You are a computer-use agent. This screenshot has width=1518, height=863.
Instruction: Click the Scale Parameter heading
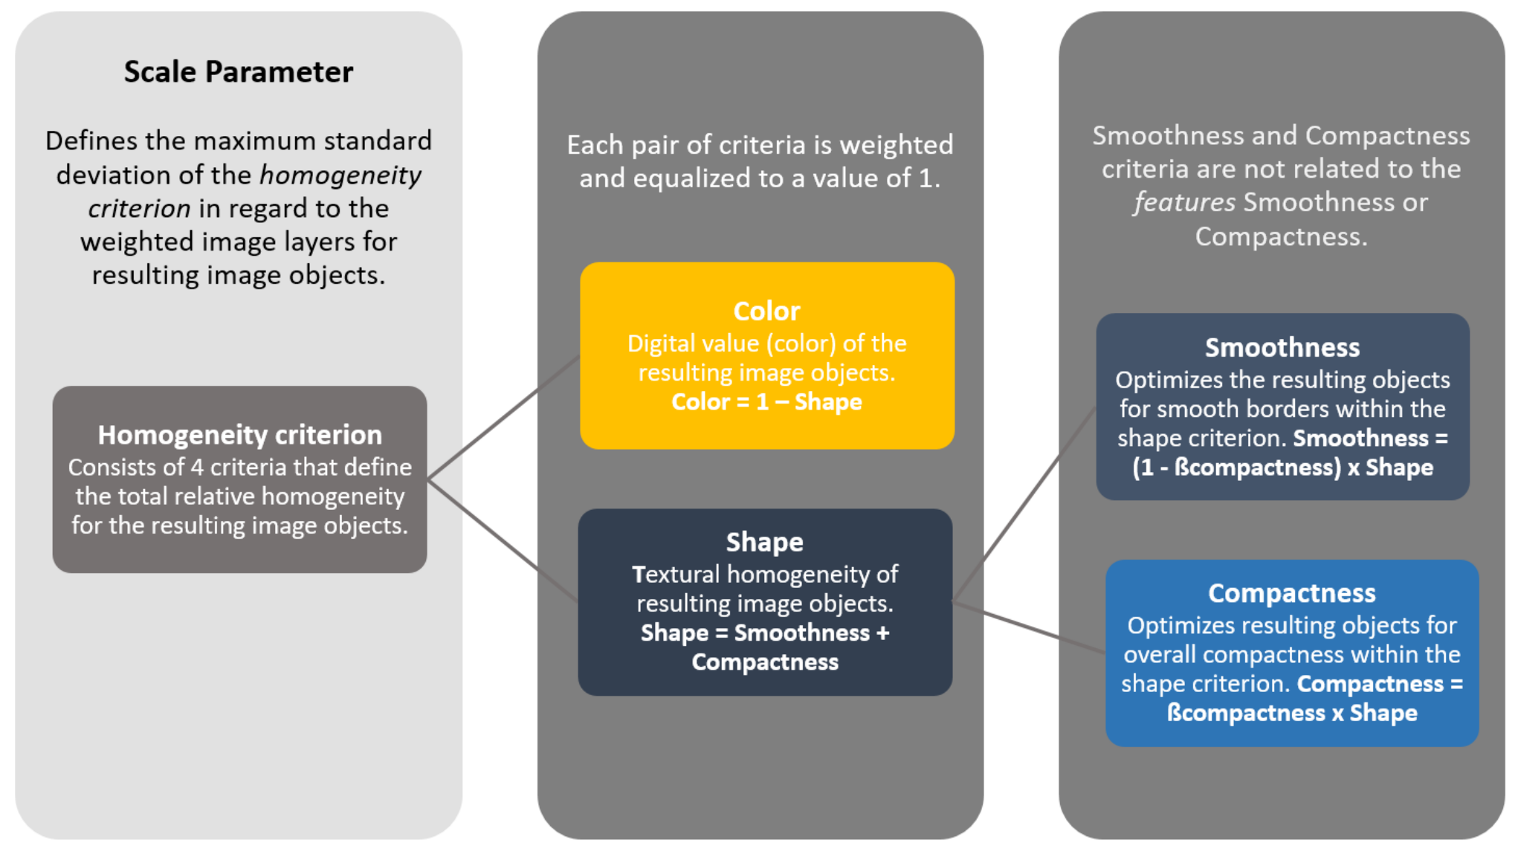[x=238, y=72]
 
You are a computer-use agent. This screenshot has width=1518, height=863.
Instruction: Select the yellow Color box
[x=766, y=355]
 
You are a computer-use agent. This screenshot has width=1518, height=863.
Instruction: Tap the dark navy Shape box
[x=765, y=602]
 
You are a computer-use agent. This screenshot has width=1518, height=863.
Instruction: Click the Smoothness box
[x=1282, y=407]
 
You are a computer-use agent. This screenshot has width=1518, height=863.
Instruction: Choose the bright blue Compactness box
[x=1291, y=653]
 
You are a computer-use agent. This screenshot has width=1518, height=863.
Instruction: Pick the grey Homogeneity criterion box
[x=239, y=479]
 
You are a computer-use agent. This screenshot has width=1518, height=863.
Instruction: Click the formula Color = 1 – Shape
[x=766, y=402]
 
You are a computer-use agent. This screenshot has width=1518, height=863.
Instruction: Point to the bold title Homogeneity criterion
[x=239, y=435]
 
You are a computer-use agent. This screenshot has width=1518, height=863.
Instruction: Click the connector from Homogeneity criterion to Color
[x=504, y=418]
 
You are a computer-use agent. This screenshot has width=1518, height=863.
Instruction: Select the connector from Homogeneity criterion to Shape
[x=503, y=540]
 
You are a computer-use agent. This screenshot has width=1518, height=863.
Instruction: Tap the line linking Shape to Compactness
[x=1029, y=627]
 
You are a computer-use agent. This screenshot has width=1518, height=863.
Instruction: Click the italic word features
[x=1184, y=202]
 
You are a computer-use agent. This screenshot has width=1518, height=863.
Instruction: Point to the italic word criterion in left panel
[x=139, y=208]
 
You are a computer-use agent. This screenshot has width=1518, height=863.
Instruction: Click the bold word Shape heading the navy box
[x=764, y=542]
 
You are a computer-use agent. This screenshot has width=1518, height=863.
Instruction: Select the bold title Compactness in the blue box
[x=1291, y=593]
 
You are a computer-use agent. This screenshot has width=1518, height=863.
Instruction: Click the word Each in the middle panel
[x=595, y=145]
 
